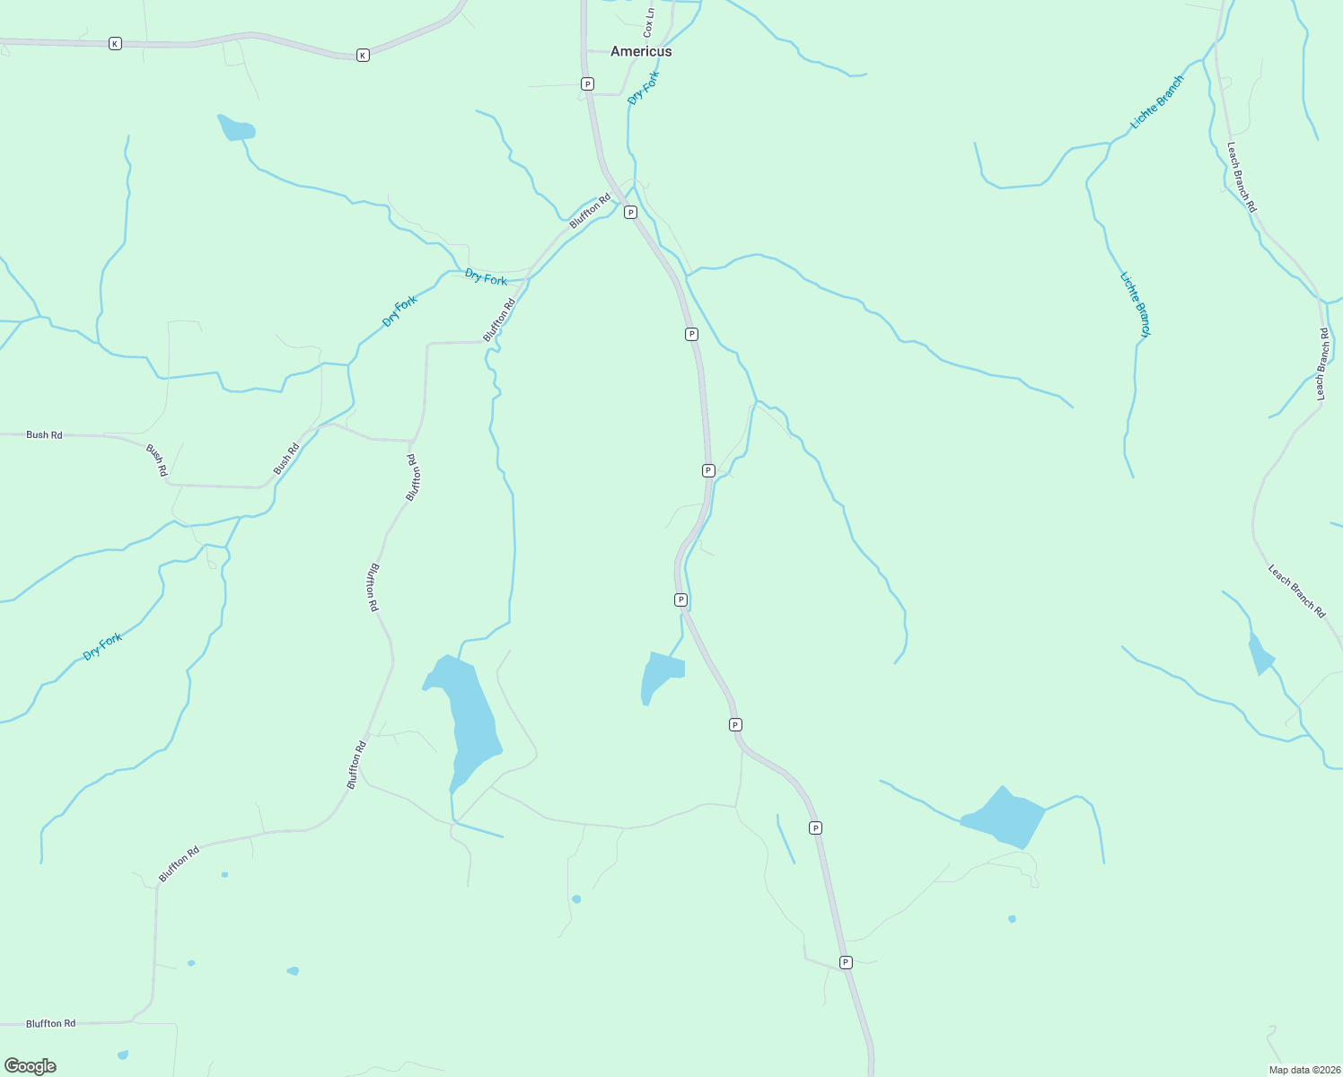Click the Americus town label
pyautogui.click(x=641, y=51)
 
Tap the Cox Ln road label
pyautogui.click(x=649, y=22)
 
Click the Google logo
pyautogui.click(x=31, y=1066)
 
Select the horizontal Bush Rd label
pyautogui.click(x=44, y=434)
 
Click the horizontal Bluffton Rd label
pyautogui.click(x=50, y=1023)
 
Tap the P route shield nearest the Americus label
pyautogui.click(x=587, y=83)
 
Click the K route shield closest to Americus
pyautogui.click(x=363, y=56)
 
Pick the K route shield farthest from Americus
pyautogui.click(x=115, y=43)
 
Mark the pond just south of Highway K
pyautogui.click(x=237, y=129)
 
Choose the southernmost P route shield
pyautogui.click(x=846, y=962)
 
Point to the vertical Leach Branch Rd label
pyautogui.click(x=1322, y=363)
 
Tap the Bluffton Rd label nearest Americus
pyautogui.click(x=590, y=210)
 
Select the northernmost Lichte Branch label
pyautogui.click(x=1157, y=102)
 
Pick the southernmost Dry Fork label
pyautogui.click(x=102, y=646)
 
